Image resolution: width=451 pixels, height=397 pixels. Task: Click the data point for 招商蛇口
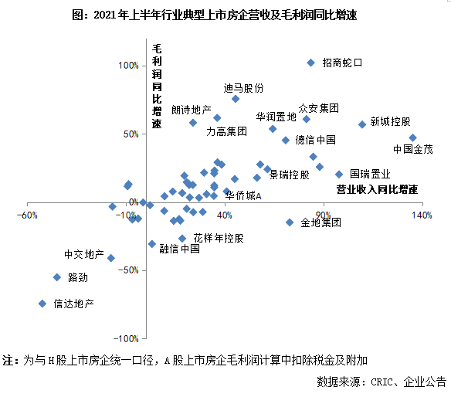(310, 63)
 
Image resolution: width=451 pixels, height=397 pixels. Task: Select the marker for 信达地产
(42, 304)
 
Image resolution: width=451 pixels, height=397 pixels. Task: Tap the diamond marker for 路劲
(56, 277)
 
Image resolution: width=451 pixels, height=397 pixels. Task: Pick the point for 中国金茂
(412, 138)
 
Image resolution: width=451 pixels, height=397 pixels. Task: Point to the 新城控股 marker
(362, 124)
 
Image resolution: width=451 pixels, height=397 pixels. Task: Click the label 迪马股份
(243, 88)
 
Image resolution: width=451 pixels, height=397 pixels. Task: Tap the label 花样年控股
(219, 238)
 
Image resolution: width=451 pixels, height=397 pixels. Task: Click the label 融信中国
(180, 249)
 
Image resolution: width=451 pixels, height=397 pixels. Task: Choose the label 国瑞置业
(370, 174)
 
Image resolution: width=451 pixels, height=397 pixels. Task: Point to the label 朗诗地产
(192, 110)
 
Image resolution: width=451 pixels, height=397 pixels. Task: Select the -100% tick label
(127, 338)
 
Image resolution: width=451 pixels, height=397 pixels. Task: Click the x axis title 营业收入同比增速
(376, 188)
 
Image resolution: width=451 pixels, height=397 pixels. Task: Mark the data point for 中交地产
(111, 258)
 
